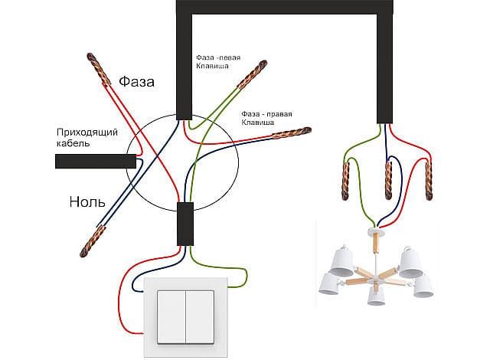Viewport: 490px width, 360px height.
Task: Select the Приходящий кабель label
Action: click(86, 137)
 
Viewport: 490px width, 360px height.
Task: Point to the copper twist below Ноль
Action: click(91, 241)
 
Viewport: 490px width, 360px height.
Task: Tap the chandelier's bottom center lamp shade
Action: click(376, 294)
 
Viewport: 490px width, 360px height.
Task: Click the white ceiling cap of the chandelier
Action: click(374, 230)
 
